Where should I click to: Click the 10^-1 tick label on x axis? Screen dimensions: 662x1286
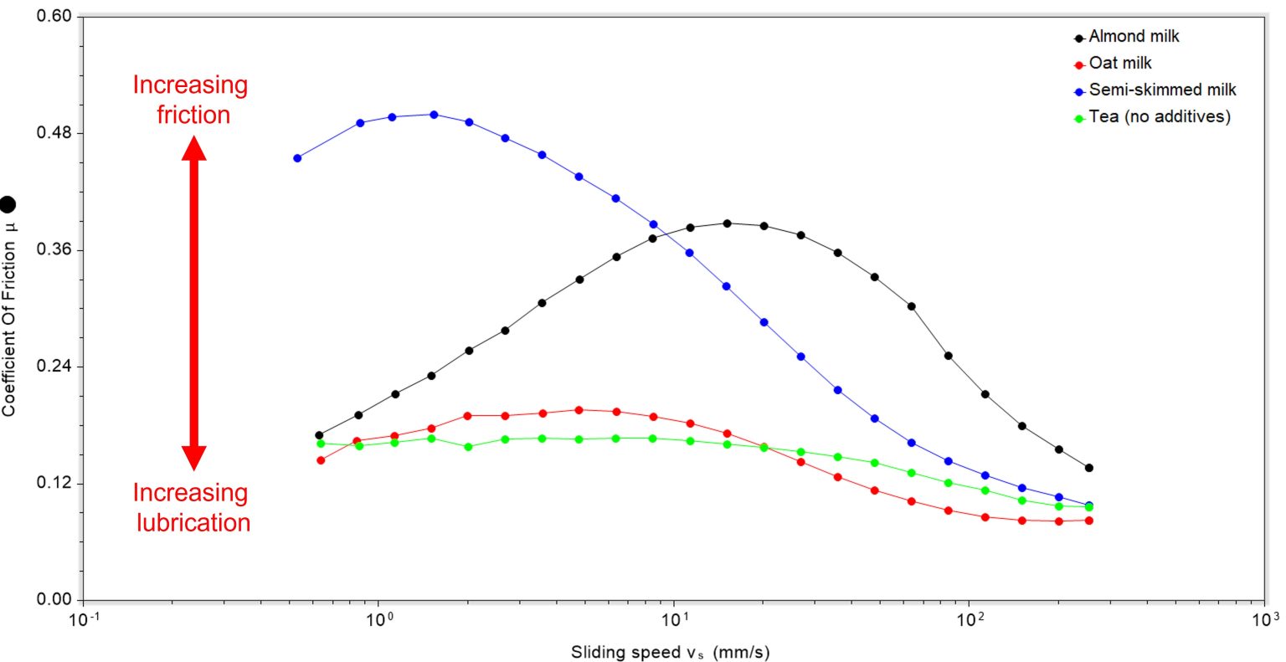tap(83, 620)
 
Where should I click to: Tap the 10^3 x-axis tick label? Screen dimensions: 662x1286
tap(1264, 620)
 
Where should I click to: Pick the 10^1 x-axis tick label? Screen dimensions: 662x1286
tap(674, 620)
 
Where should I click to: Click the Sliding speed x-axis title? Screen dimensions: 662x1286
tap(670, 652)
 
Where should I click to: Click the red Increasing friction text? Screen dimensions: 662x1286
tap(191, 100)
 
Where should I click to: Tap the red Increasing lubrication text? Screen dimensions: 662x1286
tap(192, 507)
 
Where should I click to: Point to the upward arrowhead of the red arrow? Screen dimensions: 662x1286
tap(193, 147)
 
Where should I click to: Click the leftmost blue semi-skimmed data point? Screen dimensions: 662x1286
tap(297, 157)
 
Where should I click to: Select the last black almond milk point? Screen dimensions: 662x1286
tap(1089, 468)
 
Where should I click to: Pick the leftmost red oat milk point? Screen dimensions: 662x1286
tap(321, 460)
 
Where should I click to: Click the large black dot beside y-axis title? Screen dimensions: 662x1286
tap(8, 203)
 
